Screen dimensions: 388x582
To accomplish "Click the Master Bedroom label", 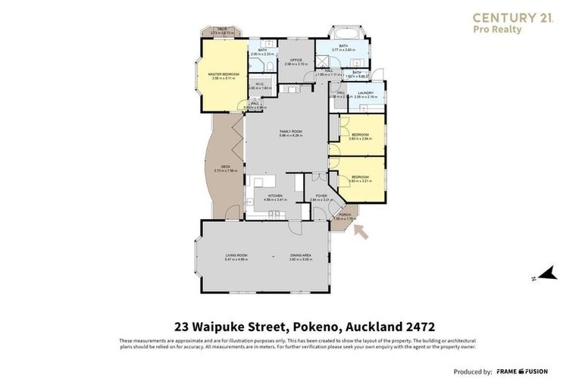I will pyautogui.click(x=224, y=74).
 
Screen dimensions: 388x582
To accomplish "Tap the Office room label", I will pyautogui.click(x=296, y=61).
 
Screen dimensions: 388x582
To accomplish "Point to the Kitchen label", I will pyautogui.click(x=274, y=196).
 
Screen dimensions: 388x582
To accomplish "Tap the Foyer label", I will pyautogui.click(x=321, y=196).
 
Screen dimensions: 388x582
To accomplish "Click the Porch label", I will pyautogui.click(x=344, y=215).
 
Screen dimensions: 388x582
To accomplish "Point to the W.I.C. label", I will pyautogui.click(x=259, y=85).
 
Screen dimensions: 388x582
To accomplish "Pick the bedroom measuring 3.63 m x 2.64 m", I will pyautogui.click(x=360, y=136).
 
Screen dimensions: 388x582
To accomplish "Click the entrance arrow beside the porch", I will pyautogui.click(x=361, y=230).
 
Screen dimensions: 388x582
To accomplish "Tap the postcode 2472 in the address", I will pyautogui.click(x=418, y=327).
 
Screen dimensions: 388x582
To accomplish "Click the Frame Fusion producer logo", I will pyautogui.click(x=522, y=371).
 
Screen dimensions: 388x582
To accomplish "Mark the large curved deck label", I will pyautogui.click(x=226, y=168).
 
